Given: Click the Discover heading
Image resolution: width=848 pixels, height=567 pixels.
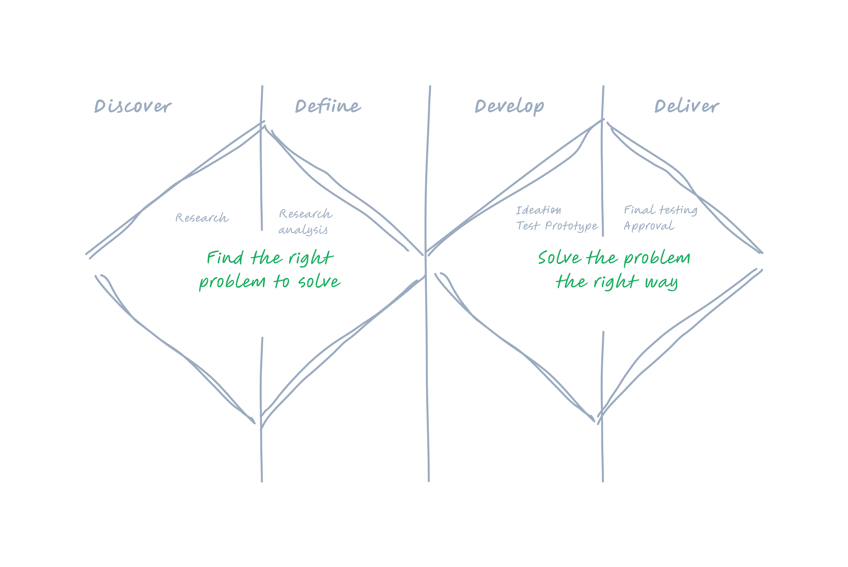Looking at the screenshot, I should [132, 106].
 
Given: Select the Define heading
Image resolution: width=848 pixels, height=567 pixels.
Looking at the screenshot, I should [328, 106].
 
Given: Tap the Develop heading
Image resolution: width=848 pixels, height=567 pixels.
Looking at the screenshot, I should [509, 107].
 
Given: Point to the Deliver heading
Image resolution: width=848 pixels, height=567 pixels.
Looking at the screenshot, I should [686, 106].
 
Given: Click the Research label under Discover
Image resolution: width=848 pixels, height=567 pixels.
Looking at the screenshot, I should [202, 218].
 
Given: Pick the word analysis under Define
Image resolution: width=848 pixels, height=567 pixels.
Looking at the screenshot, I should [303, 230].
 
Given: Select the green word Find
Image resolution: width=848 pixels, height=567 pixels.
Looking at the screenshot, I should [225, 258].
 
